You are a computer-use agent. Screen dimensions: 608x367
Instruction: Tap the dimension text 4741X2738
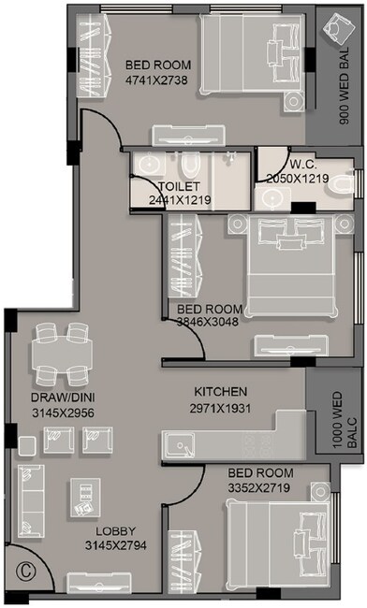(x=158, y=80)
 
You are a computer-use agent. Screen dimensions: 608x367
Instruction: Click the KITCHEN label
(x=220, y=391)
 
